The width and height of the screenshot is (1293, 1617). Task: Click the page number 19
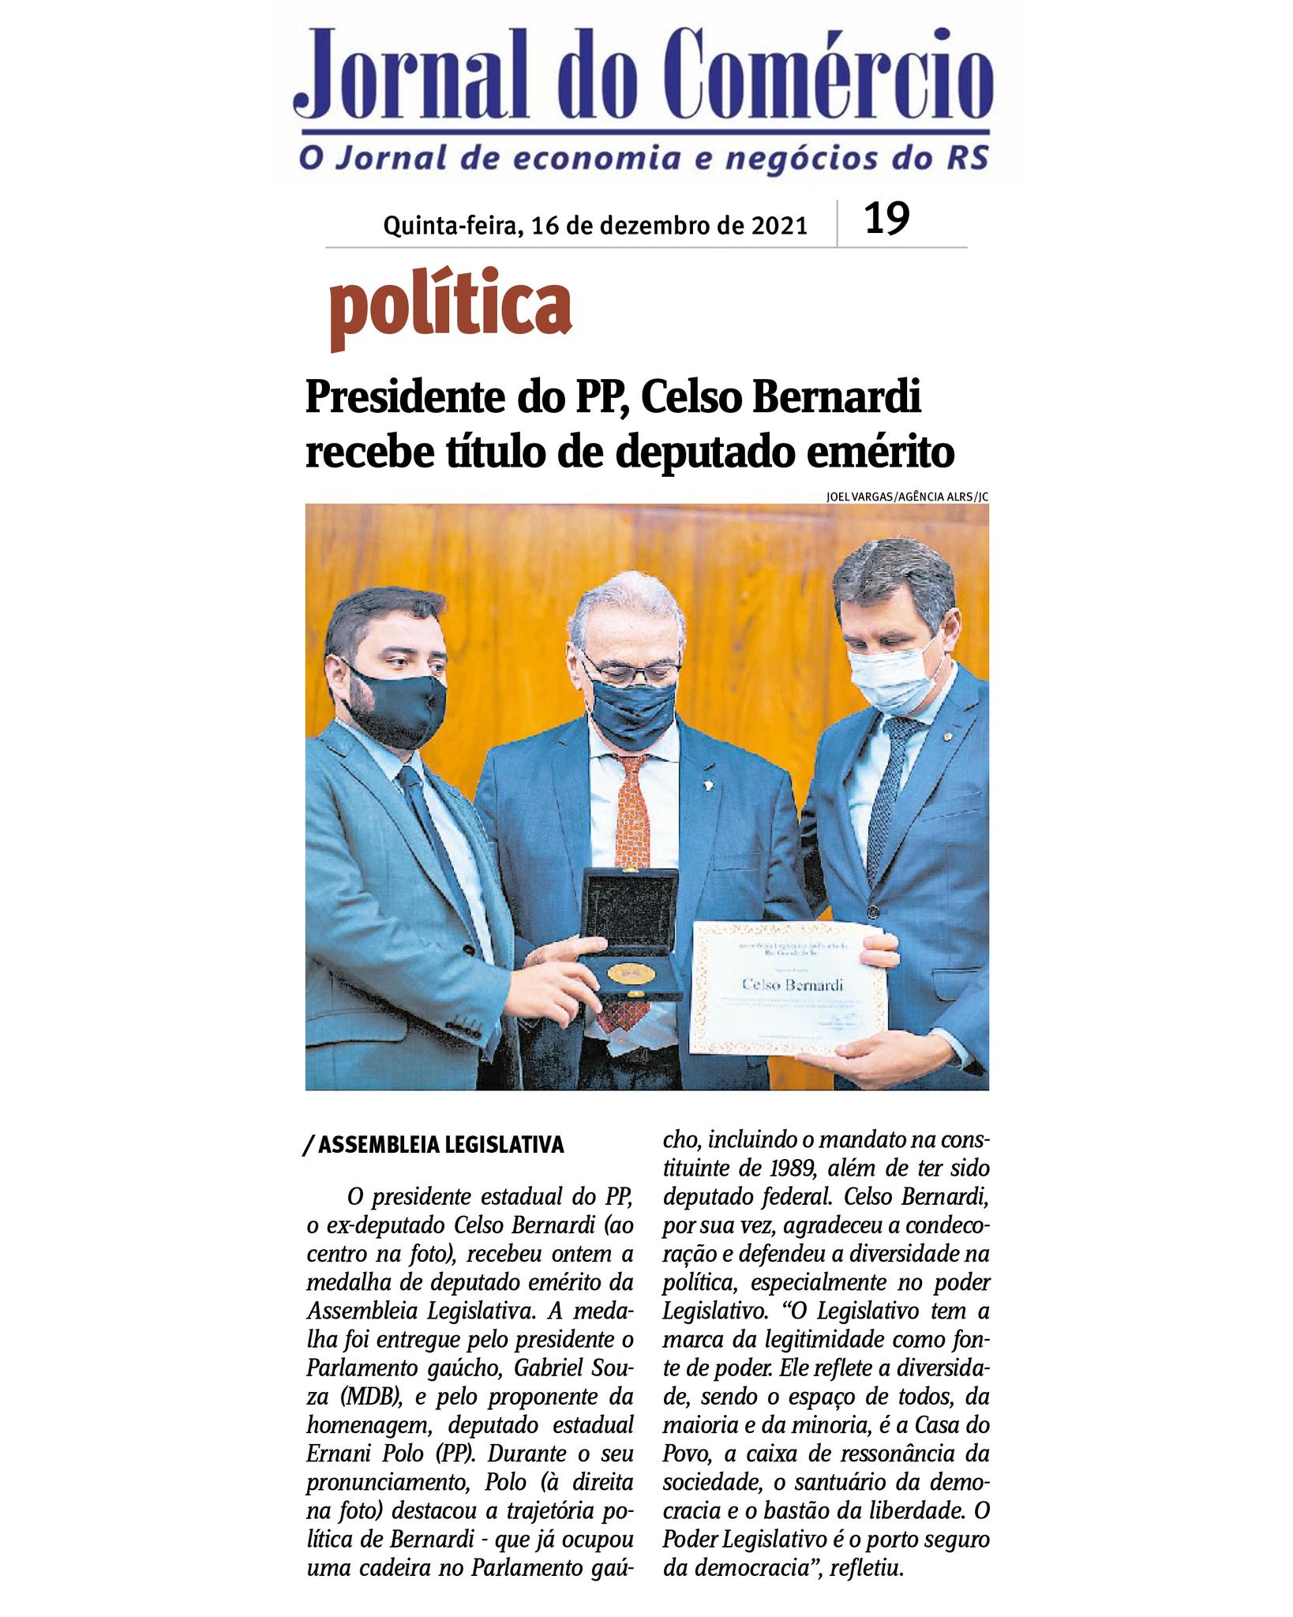click(x=887, y=219)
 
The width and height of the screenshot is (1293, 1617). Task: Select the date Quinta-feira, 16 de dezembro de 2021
click(x=595, y=227)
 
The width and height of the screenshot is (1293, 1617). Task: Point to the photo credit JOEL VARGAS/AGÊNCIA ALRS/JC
click(x=907, y=497)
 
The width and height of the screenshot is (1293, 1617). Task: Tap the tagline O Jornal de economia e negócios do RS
click(x=643, y=157)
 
